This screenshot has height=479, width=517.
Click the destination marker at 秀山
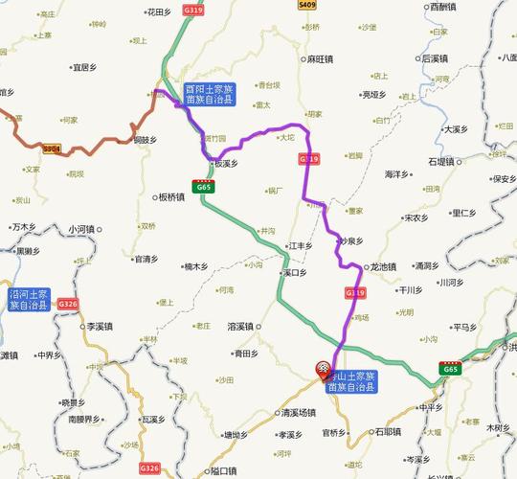pos(325,368)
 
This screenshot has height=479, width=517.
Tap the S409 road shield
pos(307,6)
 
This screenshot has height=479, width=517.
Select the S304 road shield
pos(51,148)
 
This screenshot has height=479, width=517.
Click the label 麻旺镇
pos(319,59)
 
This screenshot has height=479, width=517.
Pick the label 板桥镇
pos(169,198)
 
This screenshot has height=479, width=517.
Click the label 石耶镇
pos(385,432)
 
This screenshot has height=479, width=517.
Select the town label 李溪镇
pos(101,327)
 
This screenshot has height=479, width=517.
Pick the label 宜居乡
pos(84,68)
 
